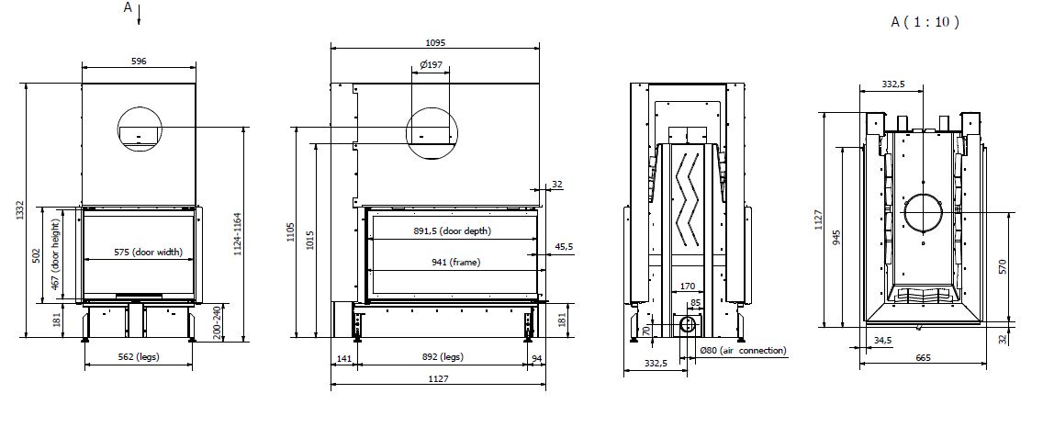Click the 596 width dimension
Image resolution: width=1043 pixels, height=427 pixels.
tap(139, 62)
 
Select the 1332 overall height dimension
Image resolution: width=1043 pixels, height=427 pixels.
tap(20, 210)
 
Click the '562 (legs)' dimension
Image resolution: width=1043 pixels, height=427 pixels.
tap(139, 356)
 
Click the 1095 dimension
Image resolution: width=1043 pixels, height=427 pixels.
tap(435, 42)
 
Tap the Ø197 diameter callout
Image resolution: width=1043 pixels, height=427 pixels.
tap(431, 64)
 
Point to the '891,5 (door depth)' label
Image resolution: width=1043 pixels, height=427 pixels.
tap(453, 231)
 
